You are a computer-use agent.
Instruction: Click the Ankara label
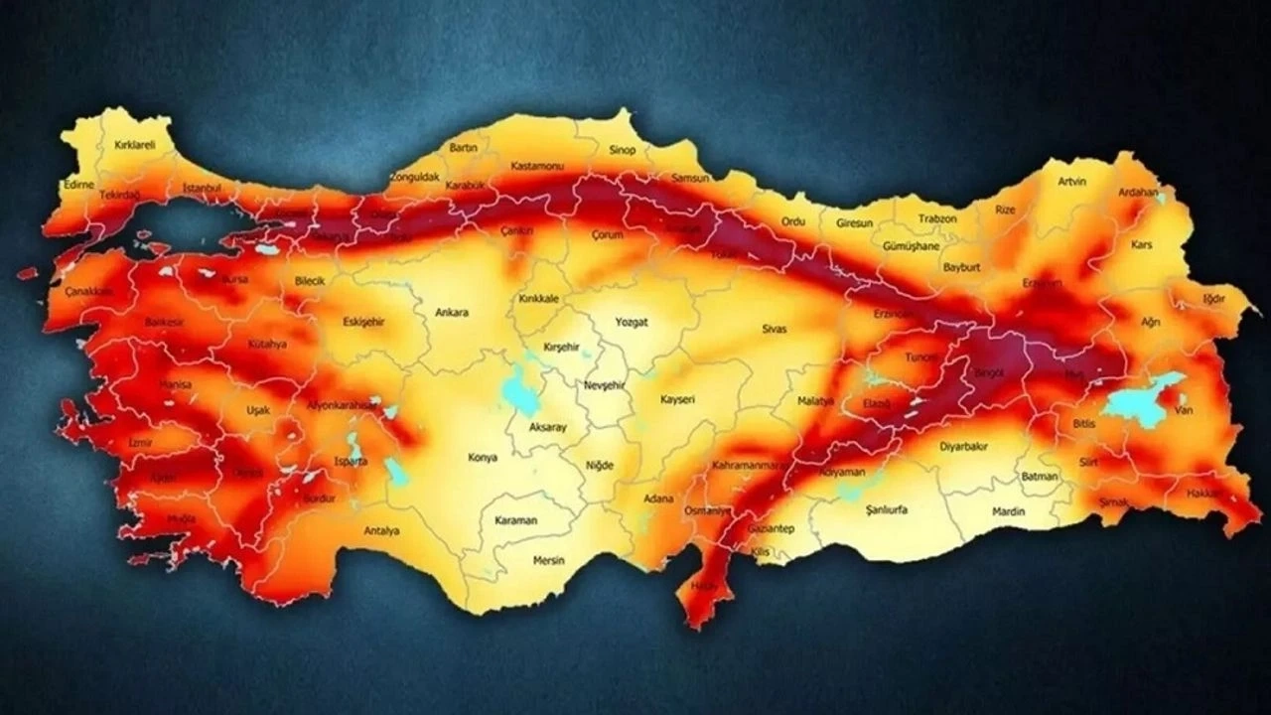click(452, 312)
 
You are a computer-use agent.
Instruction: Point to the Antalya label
click(381, 530)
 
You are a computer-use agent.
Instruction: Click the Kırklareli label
click(135, 145)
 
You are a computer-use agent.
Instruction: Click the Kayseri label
click(677, 399)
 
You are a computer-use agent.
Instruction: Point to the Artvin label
click(1072, 182)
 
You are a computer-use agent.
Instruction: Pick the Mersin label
click(548, 560)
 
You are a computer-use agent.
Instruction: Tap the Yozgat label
click(632, 323)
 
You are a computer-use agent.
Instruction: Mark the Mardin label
click(1008, 510)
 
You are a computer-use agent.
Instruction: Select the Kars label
click(1142, 244)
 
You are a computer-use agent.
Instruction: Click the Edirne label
click(77, 185)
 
